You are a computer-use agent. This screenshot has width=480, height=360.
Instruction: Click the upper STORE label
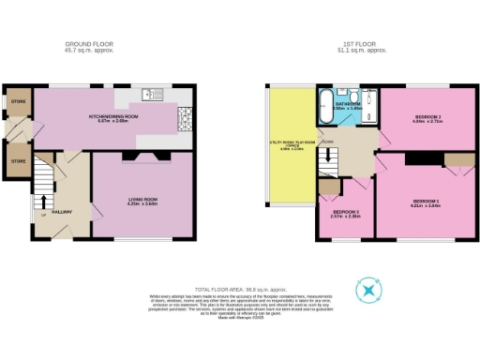pyautogui.click(x=18, y=100)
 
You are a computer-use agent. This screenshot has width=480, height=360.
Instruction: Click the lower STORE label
pyautogui.click(x=18, y=161)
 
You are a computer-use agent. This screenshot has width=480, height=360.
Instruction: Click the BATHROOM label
pyautogui.click(x=347, y=106)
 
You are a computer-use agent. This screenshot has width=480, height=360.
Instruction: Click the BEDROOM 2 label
pyautogui.click(x=427, y=117)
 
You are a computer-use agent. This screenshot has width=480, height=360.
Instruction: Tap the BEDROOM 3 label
pyautogui.click(x=346, y=213)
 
